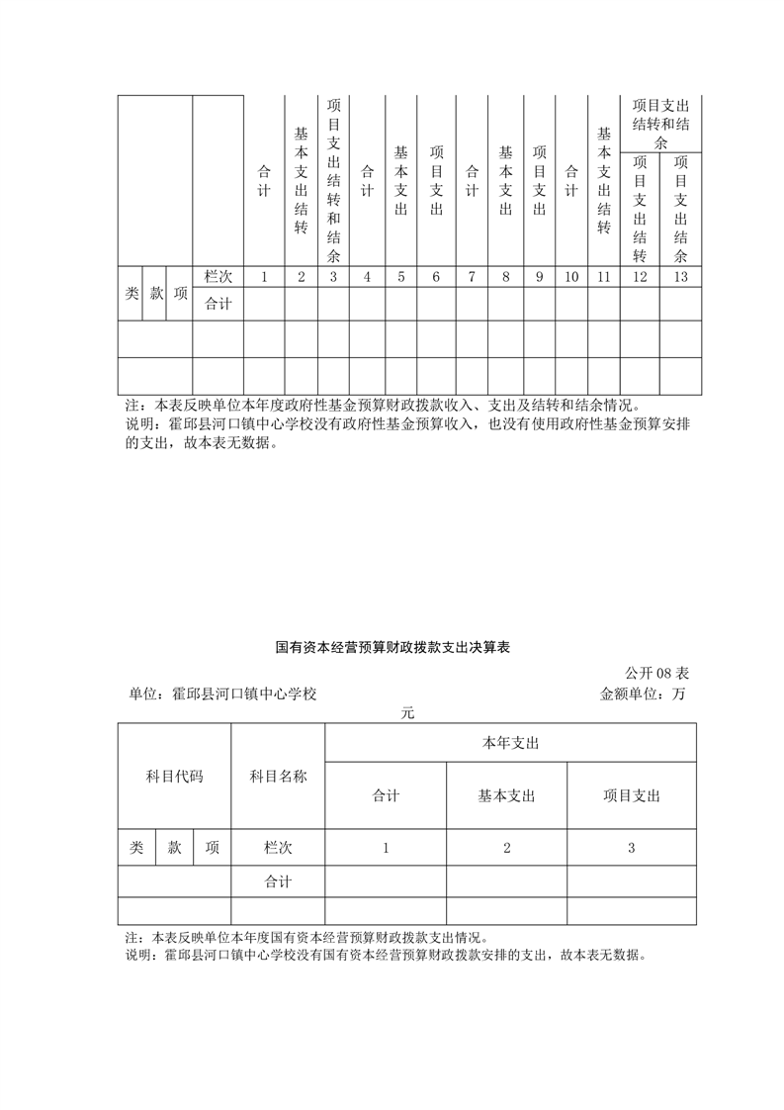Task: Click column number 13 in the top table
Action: coord(680,277)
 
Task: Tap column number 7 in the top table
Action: coord(472,277)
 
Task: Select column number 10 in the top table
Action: coord(571,277)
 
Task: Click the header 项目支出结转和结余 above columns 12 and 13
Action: coord(660,124)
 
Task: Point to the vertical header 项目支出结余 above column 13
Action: coord(680,209)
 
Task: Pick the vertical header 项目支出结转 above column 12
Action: coord(640,209)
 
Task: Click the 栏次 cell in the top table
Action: coord(218,277)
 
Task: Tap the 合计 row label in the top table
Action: coord(218,304)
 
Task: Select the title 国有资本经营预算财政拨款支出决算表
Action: coord(392,649)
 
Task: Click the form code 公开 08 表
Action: coord(656,673)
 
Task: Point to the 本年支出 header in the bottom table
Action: coord(510,742)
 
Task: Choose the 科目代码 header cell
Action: coord(174,777)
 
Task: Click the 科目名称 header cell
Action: coord(278,777)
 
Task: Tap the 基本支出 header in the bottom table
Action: coord(506,795)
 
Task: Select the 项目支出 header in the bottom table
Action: coord(632,795)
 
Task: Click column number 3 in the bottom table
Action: coord(632,848)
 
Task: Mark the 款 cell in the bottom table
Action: coord(174,848)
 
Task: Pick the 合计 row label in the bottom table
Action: coord(278,880)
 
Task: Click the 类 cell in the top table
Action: coord(131,293)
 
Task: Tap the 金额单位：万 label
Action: coord(643,694)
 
